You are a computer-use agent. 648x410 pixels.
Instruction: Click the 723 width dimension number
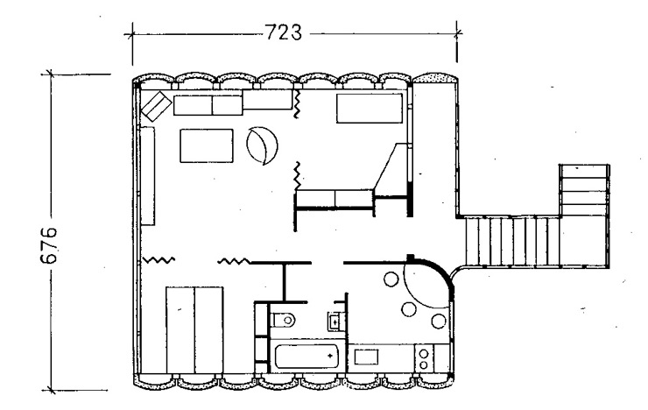click(283, 32)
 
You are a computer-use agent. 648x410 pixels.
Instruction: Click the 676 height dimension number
click(49, 245)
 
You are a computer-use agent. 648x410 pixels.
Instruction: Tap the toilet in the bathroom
click(284, 319)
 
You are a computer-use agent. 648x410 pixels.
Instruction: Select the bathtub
click(306, 357)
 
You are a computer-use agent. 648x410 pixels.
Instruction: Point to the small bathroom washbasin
click(335, 321)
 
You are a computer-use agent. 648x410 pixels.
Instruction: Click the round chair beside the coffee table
click(262, 145)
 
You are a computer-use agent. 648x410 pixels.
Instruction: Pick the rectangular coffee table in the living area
click(206, 145)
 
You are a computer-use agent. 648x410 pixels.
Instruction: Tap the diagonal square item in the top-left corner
click(157, 106)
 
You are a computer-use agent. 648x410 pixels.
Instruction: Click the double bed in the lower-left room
click(194, 330)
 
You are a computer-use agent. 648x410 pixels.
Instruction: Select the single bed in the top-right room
click(370, 109)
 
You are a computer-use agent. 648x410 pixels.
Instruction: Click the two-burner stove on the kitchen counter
click(424, 359)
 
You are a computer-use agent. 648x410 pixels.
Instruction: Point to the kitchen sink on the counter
click(366, 357)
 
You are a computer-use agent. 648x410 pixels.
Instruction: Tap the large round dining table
click(426, 286)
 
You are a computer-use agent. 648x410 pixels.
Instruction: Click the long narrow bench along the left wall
click(147, 176)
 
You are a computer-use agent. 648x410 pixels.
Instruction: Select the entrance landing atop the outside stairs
click(584, 190)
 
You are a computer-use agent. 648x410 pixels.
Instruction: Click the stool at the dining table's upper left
click(391, 279)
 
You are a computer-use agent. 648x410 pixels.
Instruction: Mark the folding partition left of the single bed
click(297, 104)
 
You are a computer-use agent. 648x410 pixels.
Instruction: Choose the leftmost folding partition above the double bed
click(159, 260)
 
